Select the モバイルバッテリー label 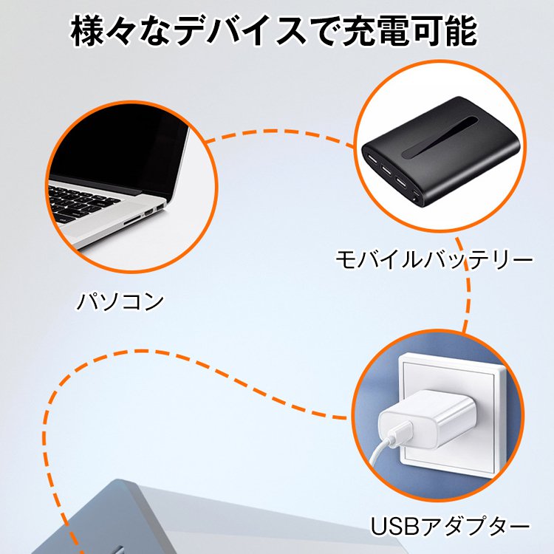tap(434, 260)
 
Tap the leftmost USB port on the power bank tap(369, 159)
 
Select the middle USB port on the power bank tap(385, 170)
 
